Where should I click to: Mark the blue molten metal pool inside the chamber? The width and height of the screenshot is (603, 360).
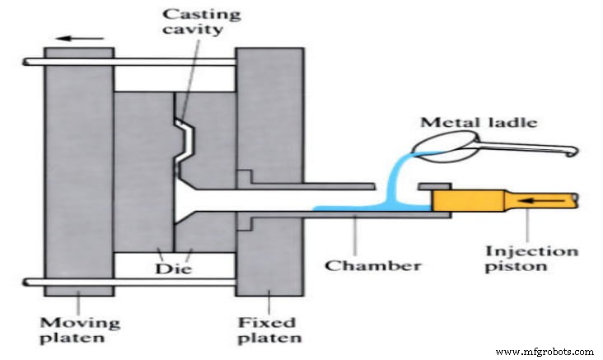362,209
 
